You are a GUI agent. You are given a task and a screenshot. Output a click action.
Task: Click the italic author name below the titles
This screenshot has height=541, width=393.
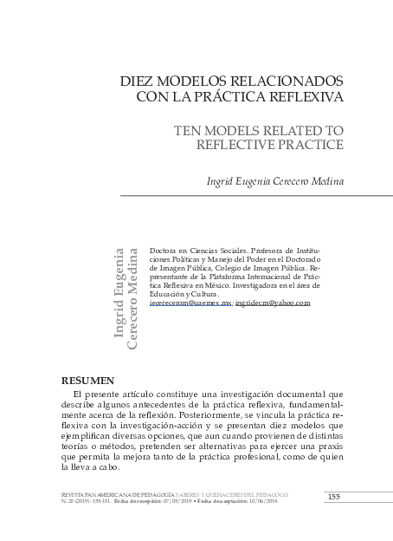(x=274, y=181)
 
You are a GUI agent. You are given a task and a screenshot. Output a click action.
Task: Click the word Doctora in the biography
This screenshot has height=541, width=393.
(x=164, y=249)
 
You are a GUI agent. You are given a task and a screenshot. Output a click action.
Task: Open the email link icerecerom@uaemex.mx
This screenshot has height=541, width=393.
(x=190, y=303)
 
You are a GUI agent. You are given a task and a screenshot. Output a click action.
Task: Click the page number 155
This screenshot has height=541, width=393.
(x=333, y=495)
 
